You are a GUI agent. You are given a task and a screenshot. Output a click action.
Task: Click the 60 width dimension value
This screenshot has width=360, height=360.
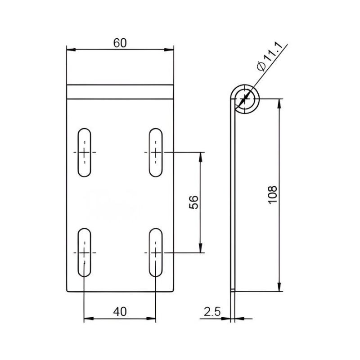tap(120, 43)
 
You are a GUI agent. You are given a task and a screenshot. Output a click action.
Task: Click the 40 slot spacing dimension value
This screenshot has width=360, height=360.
tap(120, 311)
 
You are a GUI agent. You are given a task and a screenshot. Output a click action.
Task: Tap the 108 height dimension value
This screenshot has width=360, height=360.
tap(273, 195)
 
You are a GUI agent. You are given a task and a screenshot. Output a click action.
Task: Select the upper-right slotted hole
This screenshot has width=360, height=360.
tap(156, 153)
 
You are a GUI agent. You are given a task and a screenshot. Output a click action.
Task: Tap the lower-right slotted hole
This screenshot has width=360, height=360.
tap(156, 252)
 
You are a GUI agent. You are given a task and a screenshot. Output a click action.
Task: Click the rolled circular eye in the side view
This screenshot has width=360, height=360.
tap(245, 98)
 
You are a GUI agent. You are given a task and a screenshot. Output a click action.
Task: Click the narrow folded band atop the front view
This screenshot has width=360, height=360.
tap(120, 92)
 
